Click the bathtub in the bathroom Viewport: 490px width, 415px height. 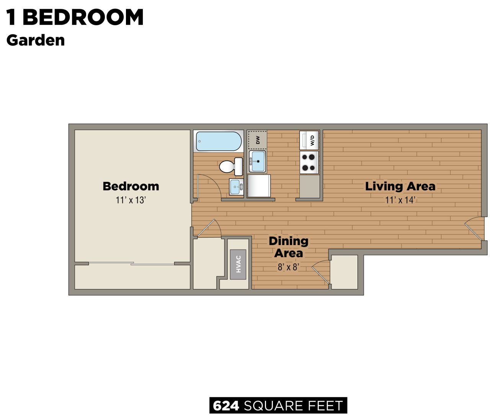[219, 141]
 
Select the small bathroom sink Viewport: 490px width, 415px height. [236, 187]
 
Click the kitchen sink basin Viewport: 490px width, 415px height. [258, 161]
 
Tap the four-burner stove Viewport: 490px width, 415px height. [309, 162]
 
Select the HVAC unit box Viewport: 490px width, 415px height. [238, 264]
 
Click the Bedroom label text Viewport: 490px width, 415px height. [131, 186]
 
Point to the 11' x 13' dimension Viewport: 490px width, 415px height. [131, 200]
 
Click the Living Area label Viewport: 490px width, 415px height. [400, 186]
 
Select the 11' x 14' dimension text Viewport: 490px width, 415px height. [400, 200]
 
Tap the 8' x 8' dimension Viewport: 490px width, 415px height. [288, 267]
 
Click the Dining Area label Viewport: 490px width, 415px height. [288, 247]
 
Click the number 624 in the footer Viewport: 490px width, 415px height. [226, 406]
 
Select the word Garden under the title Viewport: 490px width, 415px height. [36, 40]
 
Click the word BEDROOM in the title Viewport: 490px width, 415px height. [83, 18]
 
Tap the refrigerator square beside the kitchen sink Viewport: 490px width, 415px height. [259, 186]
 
